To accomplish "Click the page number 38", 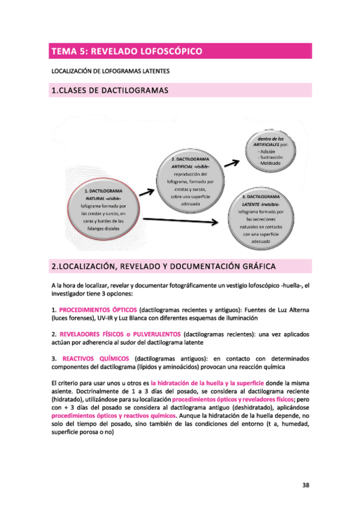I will (305, 486).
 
